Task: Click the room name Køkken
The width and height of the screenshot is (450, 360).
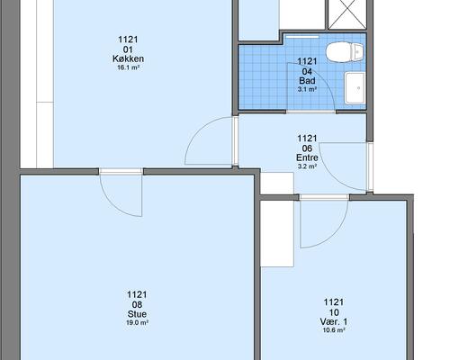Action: point(128,58)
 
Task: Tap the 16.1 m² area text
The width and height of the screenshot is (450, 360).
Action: point(128,67)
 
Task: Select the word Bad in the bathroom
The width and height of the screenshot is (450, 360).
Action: point(307,81)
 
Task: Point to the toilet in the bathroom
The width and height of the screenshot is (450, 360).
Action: point(345,52)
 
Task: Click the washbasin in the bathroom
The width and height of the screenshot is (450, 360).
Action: point(355,88)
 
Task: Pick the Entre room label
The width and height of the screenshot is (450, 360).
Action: point(307,157)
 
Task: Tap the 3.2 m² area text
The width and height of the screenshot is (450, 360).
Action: point(307,166)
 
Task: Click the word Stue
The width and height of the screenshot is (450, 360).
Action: point(137,314)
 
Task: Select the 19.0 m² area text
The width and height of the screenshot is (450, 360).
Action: point(137,323)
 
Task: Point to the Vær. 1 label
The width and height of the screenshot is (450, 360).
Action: point(334,322)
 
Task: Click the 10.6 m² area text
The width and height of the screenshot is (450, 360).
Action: point(334,330)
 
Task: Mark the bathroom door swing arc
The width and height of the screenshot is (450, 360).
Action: point(322,78)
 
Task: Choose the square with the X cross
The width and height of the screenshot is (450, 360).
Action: point(347,14)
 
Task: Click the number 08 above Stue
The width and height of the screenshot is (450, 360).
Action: point(137,304)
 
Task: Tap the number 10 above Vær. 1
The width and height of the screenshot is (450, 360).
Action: point(334,312)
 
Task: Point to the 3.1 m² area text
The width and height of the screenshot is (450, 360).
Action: point(307,89)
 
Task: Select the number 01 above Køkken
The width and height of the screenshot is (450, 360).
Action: point(128,49)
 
